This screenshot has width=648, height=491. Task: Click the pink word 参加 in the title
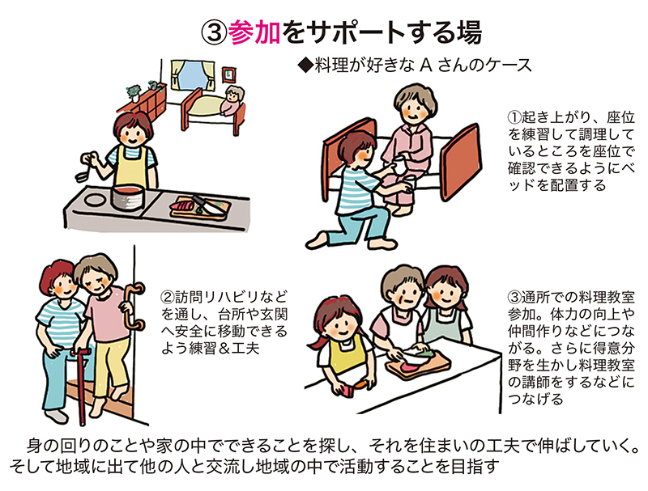click(254, 32)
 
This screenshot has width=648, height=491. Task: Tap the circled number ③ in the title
click(214, 32)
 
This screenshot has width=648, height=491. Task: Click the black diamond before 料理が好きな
click(306, 66)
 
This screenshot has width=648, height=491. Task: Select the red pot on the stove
click(128, 197)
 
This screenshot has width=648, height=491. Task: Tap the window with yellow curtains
click(194, 76)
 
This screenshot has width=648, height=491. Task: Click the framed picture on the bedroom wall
click(228, 74)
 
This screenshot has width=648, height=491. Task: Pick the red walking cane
click(83, 386)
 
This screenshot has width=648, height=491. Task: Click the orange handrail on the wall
click(134, 307)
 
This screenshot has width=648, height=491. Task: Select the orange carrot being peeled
click(359, 385)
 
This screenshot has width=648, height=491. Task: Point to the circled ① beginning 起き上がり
click(515, 117)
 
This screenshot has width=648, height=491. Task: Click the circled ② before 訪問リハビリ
click(168, 297)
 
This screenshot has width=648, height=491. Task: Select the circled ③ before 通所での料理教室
click(515, 297)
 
